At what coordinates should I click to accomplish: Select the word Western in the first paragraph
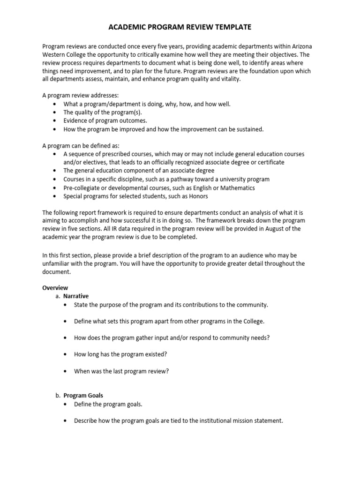click(x=54, y=54)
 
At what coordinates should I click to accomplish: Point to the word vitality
click(x=229, y=79)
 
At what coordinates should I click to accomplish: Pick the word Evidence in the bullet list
click(x=76, y=120)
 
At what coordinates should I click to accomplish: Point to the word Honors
click(x=199, y=196)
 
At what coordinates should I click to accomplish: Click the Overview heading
click(x=55, y=288)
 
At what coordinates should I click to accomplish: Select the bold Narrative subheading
click(x=76, y=296)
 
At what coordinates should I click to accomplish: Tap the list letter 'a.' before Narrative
click(x=58, y=296)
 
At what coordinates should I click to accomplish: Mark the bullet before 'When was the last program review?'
click(x=65, y=371)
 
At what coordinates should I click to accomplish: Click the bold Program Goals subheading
click(x=83, y=396)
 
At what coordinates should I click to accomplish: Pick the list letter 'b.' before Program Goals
click(x=58, y=396)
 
